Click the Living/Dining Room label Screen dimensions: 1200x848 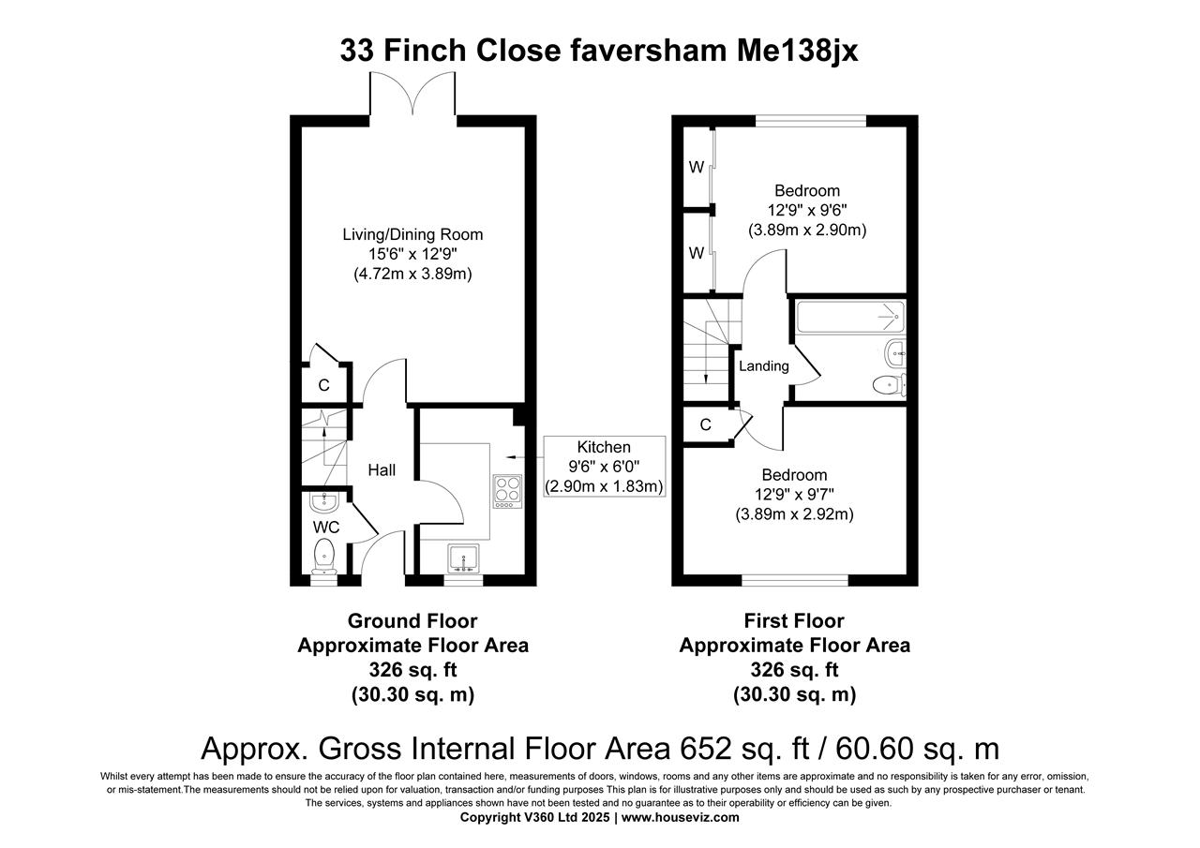point(412,234)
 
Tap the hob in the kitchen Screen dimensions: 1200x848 point(507,491)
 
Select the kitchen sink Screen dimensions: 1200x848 point(463,559)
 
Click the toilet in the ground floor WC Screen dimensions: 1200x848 point(324,556)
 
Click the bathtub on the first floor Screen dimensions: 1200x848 point(849,318)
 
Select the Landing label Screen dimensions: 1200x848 point(764,366)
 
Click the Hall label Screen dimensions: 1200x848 point(382,470)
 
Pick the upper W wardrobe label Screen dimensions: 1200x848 point(697,168)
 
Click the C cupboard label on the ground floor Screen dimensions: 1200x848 point(323,385)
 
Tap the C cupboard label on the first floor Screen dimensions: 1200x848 point(705,425)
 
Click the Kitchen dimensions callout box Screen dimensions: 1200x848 point(604,467)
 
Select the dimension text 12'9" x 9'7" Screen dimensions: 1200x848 point(794,494)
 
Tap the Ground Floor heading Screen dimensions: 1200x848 point(412,621)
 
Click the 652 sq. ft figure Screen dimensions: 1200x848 point(734,748)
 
